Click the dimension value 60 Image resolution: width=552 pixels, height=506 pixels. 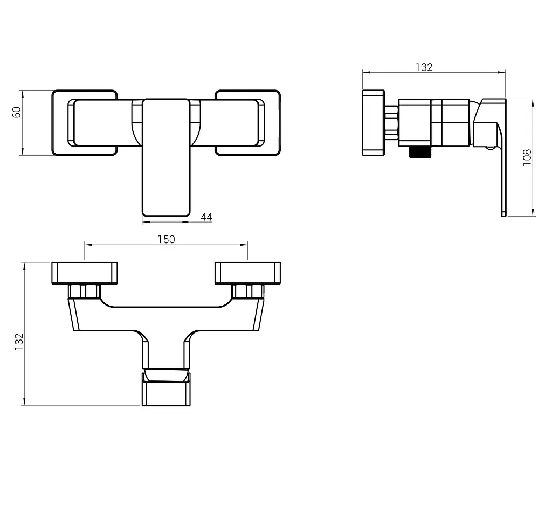(x=17, y=112)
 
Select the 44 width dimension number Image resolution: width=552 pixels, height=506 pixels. (x=206, y=217)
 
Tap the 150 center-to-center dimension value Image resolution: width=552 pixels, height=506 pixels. (x=166, y=239)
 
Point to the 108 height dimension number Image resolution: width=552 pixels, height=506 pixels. (x=527, y=157)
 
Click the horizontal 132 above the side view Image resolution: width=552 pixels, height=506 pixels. (x=424, y=67)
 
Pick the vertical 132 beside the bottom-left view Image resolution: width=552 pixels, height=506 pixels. (x=19, y=341)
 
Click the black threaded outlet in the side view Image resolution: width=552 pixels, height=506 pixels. (x=419, y=151)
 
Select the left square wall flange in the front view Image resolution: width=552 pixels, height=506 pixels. (x=85, y=123)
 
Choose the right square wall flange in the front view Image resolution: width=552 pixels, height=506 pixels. (x=248, y=123)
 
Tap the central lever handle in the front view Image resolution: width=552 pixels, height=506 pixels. (x=166, y=157)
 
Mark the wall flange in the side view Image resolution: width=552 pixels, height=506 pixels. (x=374, y=123)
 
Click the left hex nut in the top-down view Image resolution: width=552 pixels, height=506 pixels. (x=85, y=292)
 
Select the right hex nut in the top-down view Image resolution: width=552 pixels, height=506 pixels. (x=248, y=292)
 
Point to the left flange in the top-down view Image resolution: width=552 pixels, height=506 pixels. (x=85, y=273)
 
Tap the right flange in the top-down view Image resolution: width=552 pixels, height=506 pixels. (x=248, y=273)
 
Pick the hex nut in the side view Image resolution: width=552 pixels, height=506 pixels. (x=392, y=123)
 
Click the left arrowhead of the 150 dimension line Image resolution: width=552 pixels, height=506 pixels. (x=88, y=245)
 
